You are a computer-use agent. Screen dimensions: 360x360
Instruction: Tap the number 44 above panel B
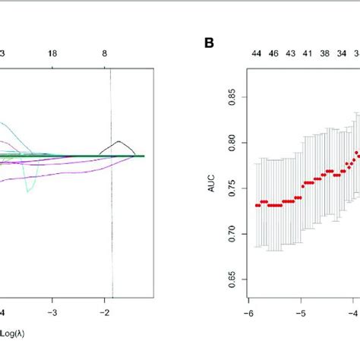[x=257, y=55]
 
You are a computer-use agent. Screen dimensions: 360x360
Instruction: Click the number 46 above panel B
[x=273, y=55]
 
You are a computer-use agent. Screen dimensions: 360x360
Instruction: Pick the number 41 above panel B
[x=307, y=55]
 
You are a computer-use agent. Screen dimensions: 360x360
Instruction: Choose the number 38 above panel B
[x=324, y=55]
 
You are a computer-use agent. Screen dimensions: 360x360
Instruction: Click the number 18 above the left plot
[x=52, y=55]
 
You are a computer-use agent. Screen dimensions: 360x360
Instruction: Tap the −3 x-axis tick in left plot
[x=52, y=312]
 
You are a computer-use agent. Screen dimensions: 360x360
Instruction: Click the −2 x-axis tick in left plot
[x=103, y=312]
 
